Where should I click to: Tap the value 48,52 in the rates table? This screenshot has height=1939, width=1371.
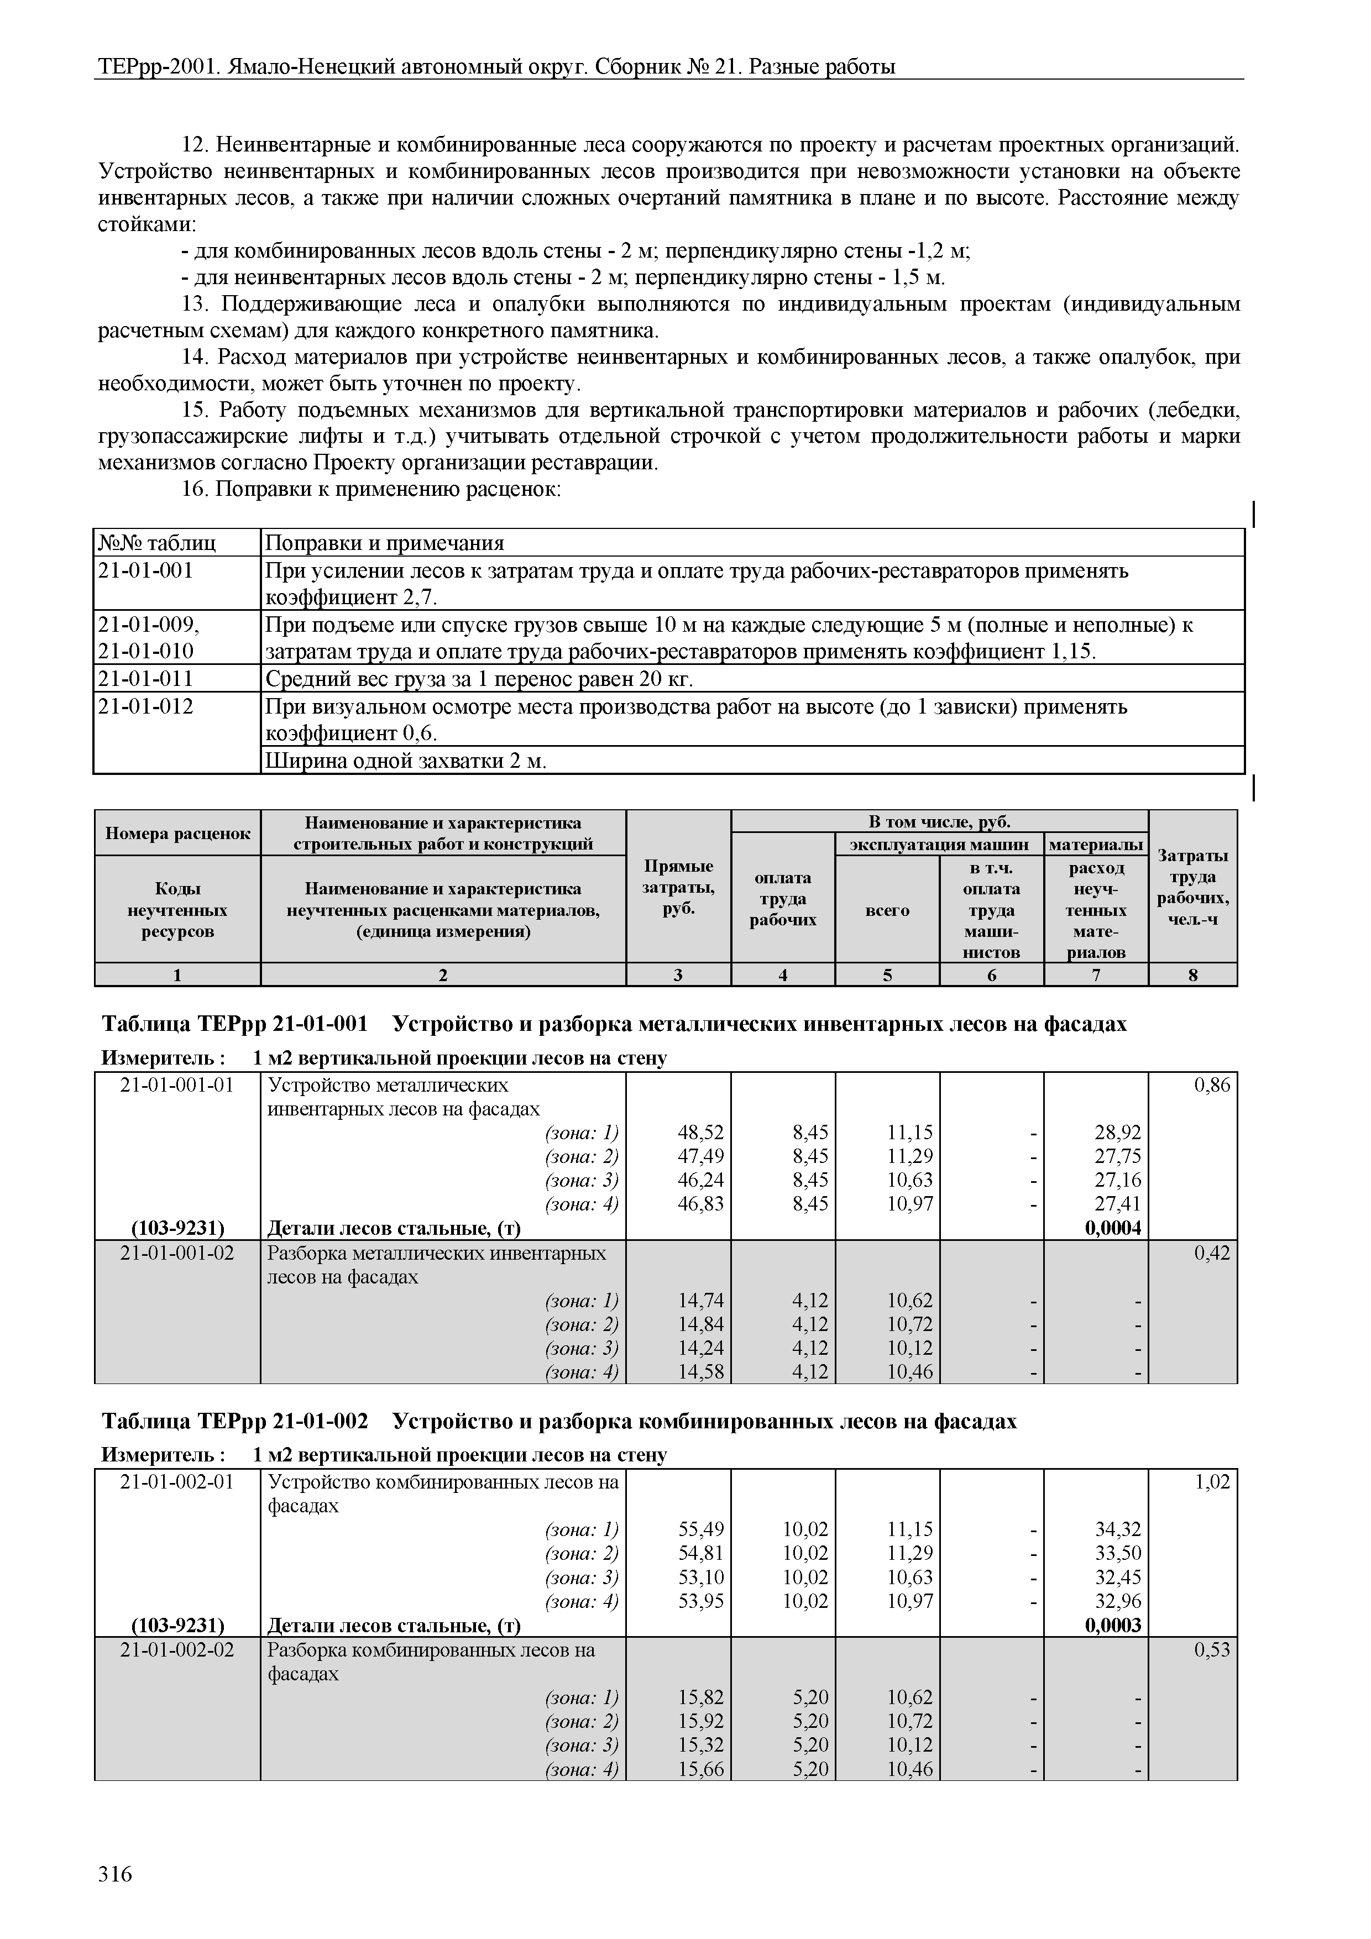coord(700,1131)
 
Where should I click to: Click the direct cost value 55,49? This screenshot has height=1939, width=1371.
coord(700,1529)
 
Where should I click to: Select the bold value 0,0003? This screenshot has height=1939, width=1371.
coord(1112,1625)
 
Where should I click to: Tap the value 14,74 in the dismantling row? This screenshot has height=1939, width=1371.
coord(700,1299)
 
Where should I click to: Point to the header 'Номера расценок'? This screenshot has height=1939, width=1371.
coord(177,834)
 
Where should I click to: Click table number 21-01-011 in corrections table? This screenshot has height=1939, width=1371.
coord(145,678)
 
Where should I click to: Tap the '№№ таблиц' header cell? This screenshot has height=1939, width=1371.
coord(157,543)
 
